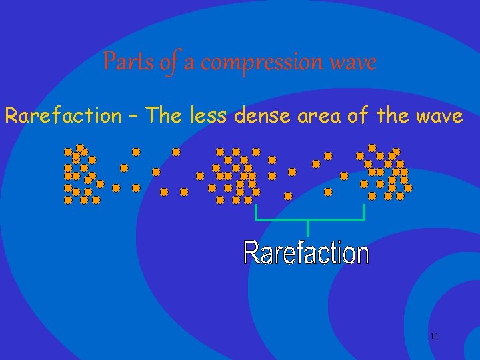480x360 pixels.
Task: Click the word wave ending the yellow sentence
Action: [437, 117]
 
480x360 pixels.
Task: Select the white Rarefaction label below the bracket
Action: [306, 253]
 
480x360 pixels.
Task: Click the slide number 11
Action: [434, 336]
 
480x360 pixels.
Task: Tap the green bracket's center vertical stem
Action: [308, 227]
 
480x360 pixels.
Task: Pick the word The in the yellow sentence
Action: [167, 115]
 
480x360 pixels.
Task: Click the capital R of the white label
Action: [251, 253]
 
